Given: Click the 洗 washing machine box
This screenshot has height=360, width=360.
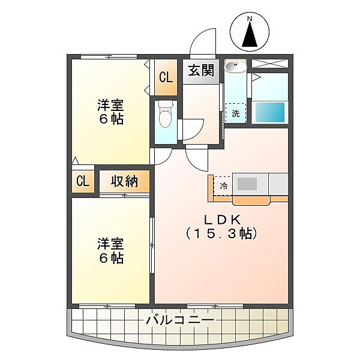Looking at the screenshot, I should tap(236, 113).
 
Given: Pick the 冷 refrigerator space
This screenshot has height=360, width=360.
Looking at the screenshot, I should tap(223, 186).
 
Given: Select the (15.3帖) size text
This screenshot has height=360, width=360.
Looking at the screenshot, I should tap(221, 233).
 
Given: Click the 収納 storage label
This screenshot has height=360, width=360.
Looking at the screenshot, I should tap(124, 181).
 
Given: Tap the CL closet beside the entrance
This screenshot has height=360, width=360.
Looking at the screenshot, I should tap(166, 77).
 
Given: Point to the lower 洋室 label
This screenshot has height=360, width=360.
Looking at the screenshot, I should tap(111, 244).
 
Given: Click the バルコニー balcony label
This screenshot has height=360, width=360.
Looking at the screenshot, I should tap(180, 321).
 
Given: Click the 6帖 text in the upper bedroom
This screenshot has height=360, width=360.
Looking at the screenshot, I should tap(111, 119).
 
